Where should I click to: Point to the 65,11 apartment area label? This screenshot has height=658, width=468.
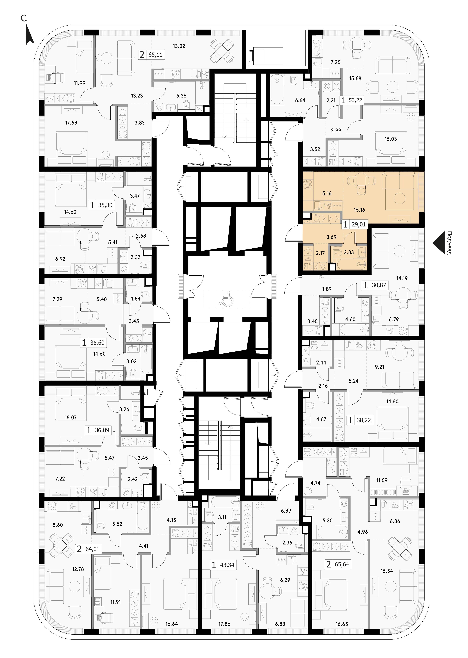[155, 54]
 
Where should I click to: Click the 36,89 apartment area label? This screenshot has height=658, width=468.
[102, 430]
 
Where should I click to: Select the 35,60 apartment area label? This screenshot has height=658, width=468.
[97, 343]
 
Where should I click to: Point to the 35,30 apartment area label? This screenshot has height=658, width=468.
[105, 205]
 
